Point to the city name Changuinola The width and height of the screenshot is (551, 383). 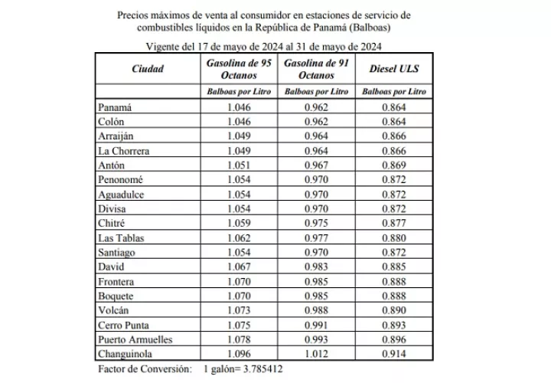point(127,353)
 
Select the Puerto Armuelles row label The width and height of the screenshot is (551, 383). point(135,339)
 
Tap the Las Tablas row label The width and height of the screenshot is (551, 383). point(123,237)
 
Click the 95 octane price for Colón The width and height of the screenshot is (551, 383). point(239,122)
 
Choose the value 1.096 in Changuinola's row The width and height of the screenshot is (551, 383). point(239,353)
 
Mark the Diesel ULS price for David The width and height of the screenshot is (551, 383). point(393,267)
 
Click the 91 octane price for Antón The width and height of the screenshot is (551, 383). point(316,165)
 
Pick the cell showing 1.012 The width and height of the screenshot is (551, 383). point(316,353)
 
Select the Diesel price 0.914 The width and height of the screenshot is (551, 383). point(393,353)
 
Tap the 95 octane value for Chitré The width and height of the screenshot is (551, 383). point(239,223)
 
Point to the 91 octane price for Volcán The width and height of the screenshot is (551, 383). point(316,310)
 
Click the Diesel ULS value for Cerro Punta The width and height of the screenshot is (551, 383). point(393,324)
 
